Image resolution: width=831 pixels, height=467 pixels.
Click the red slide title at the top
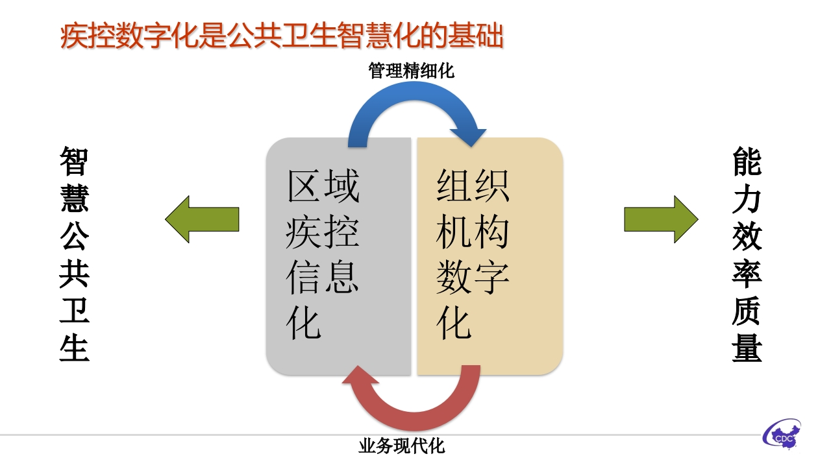click(x=282, y=36)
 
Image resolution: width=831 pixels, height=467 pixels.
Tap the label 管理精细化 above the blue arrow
click(x=411, y=71)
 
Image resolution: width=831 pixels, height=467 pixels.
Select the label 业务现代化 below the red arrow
click(x=401, y=446)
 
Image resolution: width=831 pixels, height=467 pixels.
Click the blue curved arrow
click(x=415, y=91)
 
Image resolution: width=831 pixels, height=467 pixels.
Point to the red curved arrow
click(x=415, y=421)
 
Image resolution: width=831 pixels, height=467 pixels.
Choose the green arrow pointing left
click(x=202, y=219)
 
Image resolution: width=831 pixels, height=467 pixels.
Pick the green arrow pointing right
click(x=661, y=219)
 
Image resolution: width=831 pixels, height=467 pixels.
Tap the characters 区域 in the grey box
click(x=323, y=186)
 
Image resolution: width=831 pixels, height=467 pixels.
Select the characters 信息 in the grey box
click(x=322, y=276)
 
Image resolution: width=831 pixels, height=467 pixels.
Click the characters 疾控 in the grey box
click(x=322, y=232)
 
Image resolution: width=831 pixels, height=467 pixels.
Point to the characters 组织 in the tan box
click(x=473, y=186)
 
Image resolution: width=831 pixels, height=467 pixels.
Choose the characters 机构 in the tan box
click(x=472, y=232)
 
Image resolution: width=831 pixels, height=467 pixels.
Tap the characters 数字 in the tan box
click(x=472, y=277)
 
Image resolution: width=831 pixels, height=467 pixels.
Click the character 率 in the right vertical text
click(x=747, y=274)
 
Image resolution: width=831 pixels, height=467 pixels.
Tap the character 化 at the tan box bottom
click(x=454, y=323)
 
